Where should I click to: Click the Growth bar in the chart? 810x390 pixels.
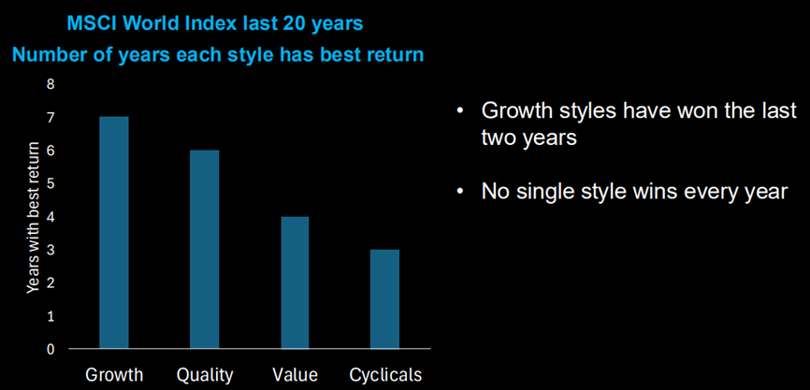tap(114, 233)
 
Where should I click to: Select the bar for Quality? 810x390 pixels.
tap(204, 250)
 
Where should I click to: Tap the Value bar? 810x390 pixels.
tap(295, 282)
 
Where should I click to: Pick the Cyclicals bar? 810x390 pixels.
tap(384, 299)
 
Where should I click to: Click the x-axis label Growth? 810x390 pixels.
tap(114, 374)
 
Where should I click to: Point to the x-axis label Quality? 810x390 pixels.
tap(205, 374)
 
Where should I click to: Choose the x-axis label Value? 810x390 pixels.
tap(295, 374)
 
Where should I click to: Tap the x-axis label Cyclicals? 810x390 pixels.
tap(385, 374)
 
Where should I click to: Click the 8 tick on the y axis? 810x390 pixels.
tap(51, 84)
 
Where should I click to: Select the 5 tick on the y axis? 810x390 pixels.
tap(51, 184)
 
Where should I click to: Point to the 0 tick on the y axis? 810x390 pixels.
tap(51, 350)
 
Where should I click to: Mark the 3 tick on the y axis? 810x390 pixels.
tap(51, 250)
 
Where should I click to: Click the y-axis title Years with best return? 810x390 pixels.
tap(33, 217)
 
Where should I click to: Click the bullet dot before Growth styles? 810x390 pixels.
tap(460, 111)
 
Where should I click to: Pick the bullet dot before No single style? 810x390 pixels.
tap(460, 192)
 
